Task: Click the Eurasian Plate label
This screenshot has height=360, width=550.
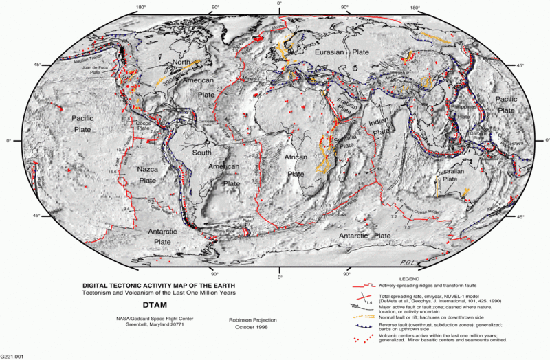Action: (342, 52)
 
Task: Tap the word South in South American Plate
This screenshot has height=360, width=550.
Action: (201, 153)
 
